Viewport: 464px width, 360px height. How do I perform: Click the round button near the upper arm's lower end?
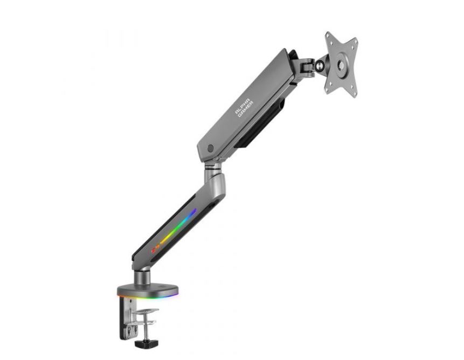(210, 149)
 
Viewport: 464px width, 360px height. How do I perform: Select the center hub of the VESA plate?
(341, 65)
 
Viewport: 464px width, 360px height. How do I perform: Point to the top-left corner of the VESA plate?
(327, 32)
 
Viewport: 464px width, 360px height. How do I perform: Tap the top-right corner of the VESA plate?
(356, 39)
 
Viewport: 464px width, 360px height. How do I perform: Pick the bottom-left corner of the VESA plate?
(326, 91)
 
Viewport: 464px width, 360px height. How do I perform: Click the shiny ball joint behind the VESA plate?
(320, 66)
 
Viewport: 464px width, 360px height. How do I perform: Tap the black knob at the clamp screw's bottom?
(146, 344)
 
